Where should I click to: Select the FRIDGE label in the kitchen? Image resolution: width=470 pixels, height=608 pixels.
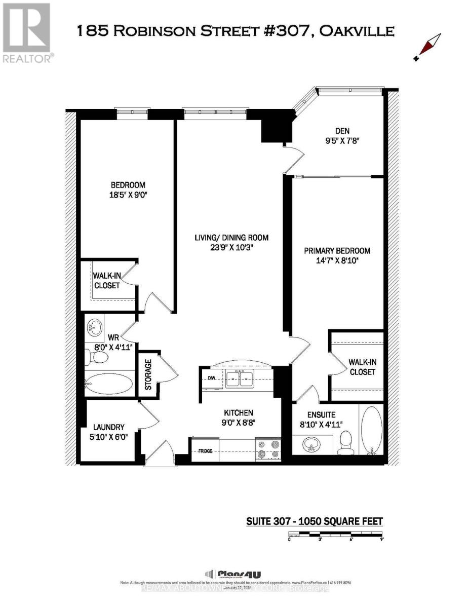(x=205, y=450)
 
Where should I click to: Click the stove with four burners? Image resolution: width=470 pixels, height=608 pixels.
(x=268, y=449)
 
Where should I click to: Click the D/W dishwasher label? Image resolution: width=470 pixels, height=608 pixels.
(x=212, y=378)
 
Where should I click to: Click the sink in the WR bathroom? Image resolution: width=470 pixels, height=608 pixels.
(x=94, y=328)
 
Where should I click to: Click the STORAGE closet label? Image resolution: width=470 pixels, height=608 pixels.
(x=148, y=374)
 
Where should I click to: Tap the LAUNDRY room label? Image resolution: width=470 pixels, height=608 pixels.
(x=108, y=427)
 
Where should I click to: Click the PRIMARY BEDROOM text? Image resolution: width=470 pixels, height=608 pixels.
(x=337, y=250)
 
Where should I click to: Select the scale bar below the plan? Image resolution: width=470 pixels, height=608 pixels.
(x=336, y=534)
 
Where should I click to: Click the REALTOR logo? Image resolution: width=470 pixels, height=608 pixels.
(x=27, y=33)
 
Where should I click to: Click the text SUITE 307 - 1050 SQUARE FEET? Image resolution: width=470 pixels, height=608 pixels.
(x=314, y=521)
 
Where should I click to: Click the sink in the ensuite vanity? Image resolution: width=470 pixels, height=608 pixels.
(x=310, y=446)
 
